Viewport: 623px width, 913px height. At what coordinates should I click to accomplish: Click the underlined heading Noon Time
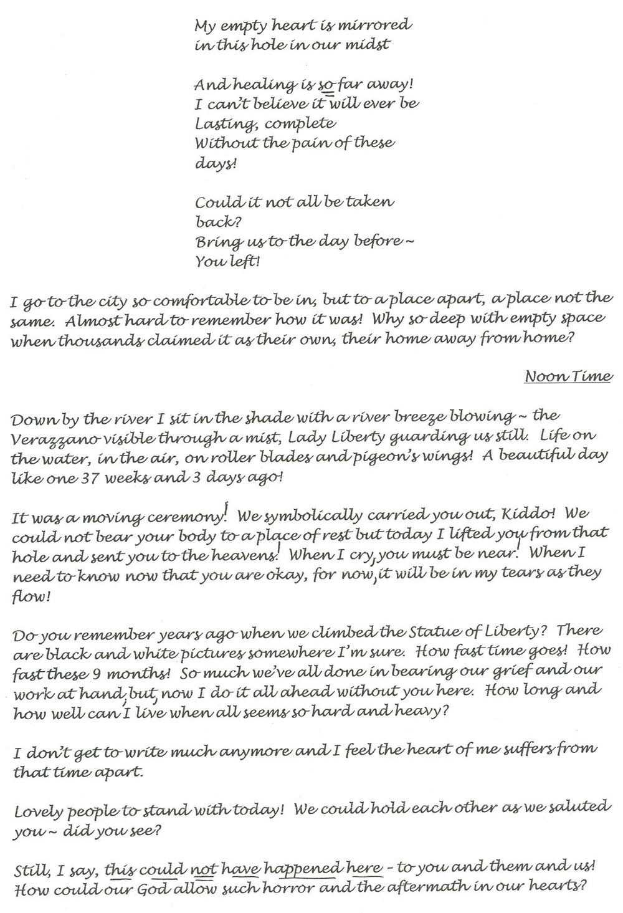pos(568,376)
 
